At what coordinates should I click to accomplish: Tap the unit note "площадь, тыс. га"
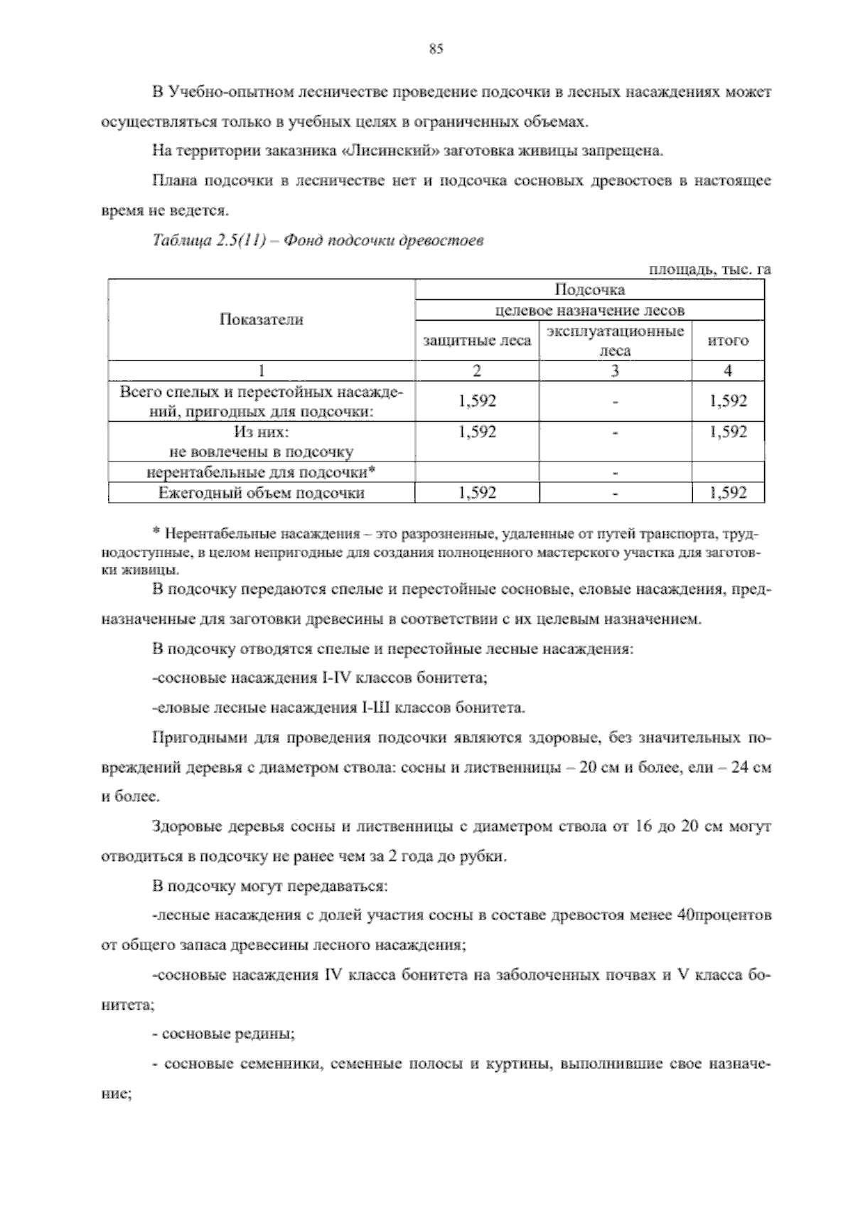pyautogui.click(x=710, y=270)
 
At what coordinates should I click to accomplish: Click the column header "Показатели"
pyautogui.click(x=261, y=320)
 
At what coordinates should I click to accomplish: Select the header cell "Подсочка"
pyautogui.click(x=589, y=289)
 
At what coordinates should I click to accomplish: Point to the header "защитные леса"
pyautogui.click(x=477, y=341)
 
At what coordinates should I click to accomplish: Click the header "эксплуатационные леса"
pyautogui.click(x=615, y=341)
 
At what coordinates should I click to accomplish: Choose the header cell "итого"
pyautogui.click(x=728, y=341)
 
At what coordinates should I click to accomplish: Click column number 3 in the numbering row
pyautogui.click(x=615, y=370)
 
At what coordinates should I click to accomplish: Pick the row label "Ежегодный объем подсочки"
pyautogui.click(x=261, y=493)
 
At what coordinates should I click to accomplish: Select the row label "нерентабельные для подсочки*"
pyautogui.click(x=261, y=471)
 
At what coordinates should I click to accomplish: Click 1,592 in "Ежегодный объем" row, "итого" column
pyautogui.click(x=728, y=493)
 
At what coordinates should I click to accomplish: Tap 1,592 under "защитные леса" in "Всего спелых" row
pyautogui.click(x=477, y=401)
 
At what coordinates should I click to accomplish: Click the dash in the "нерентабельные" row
pyautogui.click(x=615, y=472)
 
